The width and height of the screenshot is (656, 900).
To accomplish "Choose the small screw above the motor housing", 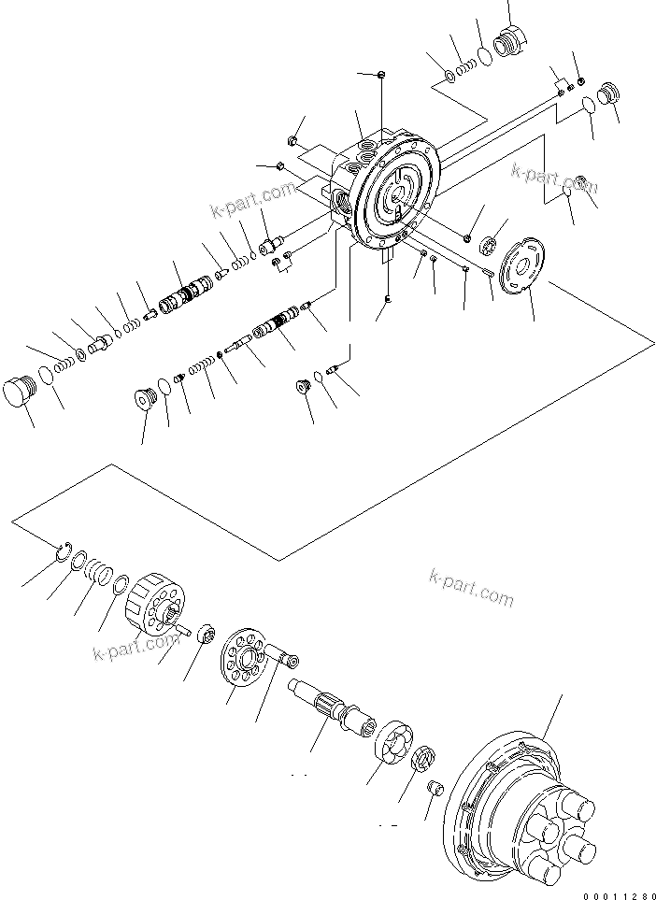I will point(383,74).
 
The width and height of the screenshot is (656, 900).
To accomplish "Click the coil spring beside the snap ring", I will point(98,572).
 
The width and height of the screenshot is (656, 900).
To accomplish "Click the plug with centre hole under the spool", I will point(143,398).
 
